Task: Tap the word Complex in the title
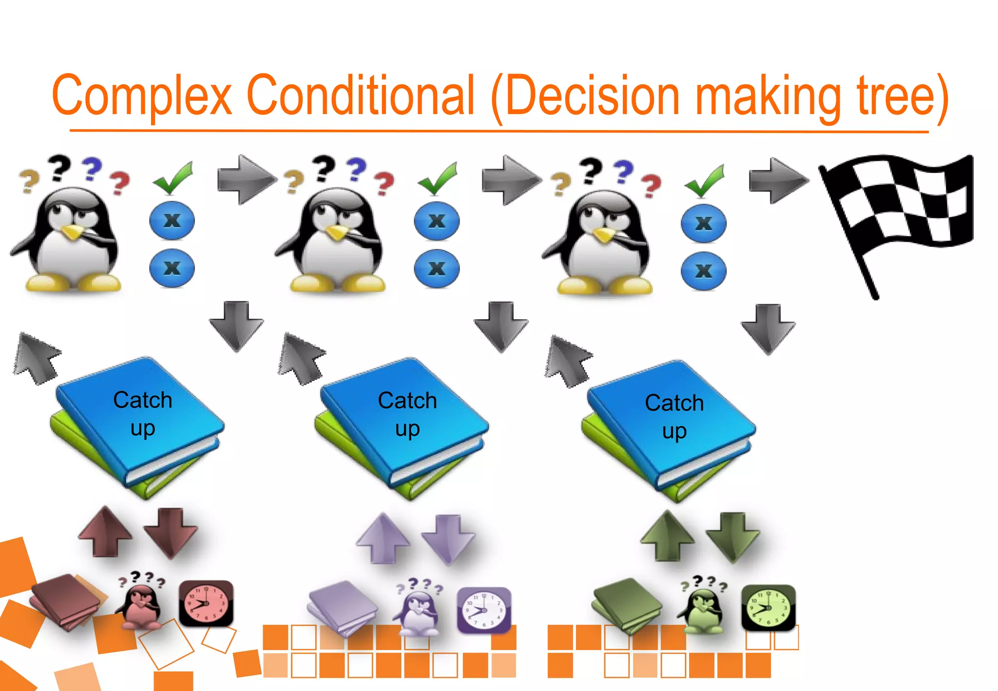coord(141,95)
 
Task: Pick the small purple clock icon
coord(484,610)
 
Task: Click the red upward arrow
coord(105,531)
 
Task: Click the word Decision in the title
coord(592,95)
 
